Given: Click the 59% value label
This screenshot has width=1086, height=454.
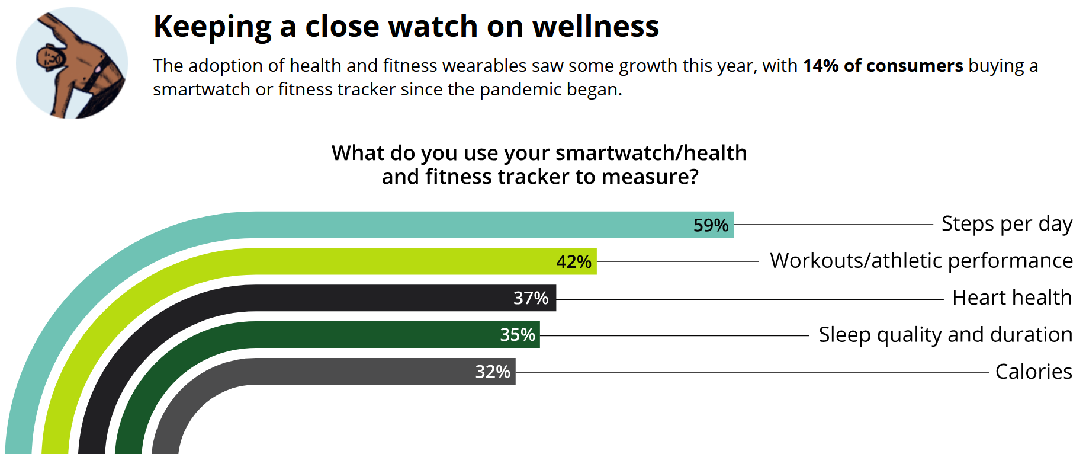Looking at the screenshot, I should [711, 225].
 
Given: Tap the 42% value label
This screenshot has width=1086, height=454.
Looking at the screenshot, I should [574, 262].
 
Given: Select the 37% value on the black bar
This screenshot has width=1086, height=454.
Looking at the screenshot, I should [531, 298].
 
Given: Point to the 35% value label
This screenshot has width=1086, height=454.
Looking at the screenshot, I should [518, 335].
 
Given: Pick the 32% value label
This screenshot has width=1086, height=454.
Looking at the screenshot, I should [493, 372].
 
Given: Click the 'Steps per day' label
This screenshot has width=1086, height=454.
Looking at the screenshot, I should [1007, 224].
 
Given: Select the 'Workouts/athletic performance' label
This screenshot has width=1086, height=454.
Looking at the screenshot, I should [921, 261].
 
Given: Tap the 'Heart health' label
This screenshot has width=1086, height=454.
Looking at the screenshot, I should [1012, 298].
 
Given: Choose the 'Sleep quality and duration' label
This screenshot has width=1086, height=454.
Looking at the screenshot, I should [945, 335].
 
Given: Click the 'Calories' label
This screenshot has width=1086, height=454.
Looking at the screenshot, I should [1033, 372].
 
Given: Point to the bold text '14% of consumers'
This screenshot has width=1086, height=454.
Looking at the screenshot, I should [883, 66].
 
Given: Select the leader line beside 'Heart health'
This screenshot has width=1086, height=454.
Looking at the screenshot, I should [749, 300].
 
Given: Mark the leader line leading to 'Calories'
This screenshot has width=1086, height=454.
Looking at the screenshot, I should [752, 373].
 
